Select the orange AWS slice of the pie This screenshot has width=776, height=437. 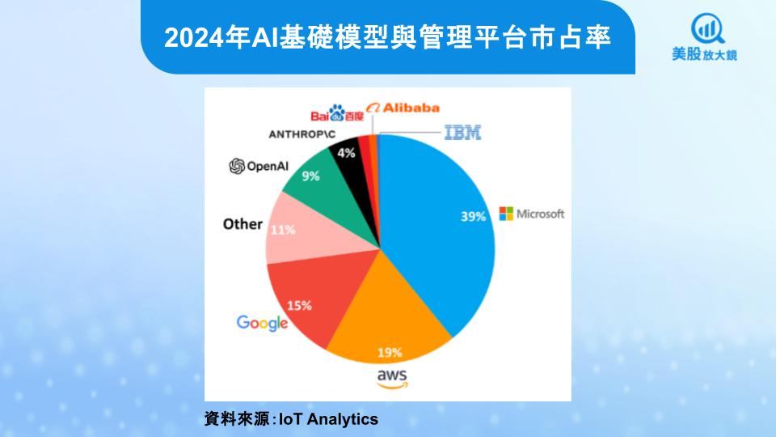point(386,317)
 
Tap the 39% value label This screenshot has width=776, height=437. point(473,217)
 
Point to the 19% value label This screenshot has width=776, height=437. point(390,352)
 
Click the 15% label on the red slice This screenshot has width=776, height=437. point(299,306)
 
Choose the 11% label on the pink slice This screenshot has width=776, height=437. point(283,230)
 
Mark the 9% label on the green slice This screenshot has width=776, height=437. point(310,176)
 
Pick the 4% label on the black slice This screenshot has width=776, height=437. point(346,153)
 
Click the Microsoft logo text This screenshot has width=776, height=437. point(532,214)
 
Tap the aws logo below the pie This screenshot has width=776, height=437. point(392,379)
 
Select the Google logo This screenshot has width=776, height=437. point(262,323)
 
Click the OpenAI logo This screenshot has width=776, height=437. point(259,166)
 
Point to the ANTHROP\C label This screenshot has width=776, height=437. point(302,134)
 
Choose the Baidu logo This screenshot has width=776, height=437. point(337,113)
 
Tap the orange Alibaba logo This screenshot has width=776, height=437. point(403,108)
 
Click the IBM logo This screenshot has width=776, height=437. point(462,132)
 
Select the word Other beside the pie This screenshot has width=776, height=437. point(242,224)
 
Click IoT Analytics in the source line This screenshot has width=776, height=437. point(329,419)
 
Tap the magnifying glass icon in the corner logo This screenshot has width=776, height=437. point(708,29)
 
